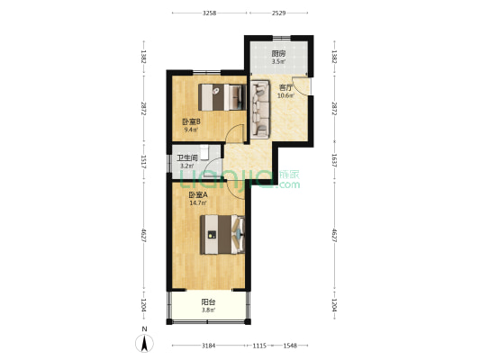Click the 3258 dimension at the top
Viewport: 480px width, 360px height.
(x=210, y=13)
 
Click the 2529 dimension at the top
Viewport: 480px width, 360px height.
(x=278, y=13)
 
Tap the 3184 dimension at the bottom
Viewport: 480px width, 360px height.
(x=208, y=346)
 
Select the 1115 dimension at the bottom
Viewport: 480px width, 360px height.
(x=259, y=346)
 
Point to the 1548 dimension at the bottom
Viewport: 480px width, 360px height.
(x=290, y=346)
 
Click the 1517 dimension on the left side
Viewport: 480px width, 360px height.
(x=143, y=161)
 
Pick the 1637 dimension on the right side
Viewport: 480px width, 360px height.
(x=334, y=160)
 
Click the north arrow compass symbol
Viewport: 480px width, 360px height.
(x=144, y=343)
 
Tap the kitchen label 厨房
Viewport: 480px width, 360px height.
(x=278, y=54)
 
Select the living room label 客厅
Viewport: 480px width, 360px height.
(x=285, y=88)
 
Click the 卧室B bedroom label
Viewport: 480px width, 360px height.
(x=191, y=122)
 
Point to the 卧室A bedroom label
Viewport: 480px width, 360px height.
(x=198, y=194)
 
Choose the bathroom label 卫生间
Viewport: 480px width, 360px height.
(x=186, y=158)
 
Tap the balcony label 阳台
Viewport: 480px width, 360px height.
(x=208, y=302)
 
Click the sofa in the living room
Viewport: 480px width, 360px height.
(x=260, y=109)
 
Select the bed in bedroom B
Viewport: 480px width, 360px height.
(x=222, y=97)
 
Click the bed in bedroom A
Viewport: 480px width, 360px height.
(x=222, y=235)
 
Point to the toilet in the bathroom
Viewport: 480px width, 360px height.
(x=204, y=153)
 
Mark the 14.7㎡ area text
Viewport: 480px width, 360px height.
(x=198, y=202)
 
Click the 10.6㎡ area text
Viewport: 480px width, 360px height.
(x=285, y=95)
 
